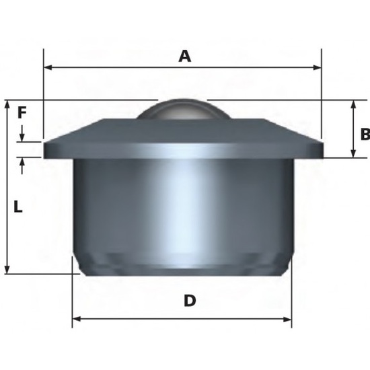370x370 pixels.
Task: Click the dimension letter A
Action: click(184, 57)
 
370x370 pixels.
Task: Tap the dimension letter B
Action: click(365, 135)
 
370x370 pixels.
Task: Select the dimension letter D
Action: click(190, 301)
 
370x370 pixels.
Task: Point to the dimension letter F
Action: click(22, 112)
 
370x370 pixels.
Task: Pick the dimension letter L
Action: click(18, 207)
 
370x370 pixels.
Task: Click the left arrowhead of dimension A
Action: click(48, 68)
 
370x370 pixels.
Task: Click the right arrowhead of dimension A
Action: click(317, 68)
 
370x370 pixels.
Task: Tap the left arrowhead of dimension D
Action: click(77, 320)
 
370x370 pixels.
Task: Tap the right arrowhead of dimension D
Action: click(287, 320)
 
